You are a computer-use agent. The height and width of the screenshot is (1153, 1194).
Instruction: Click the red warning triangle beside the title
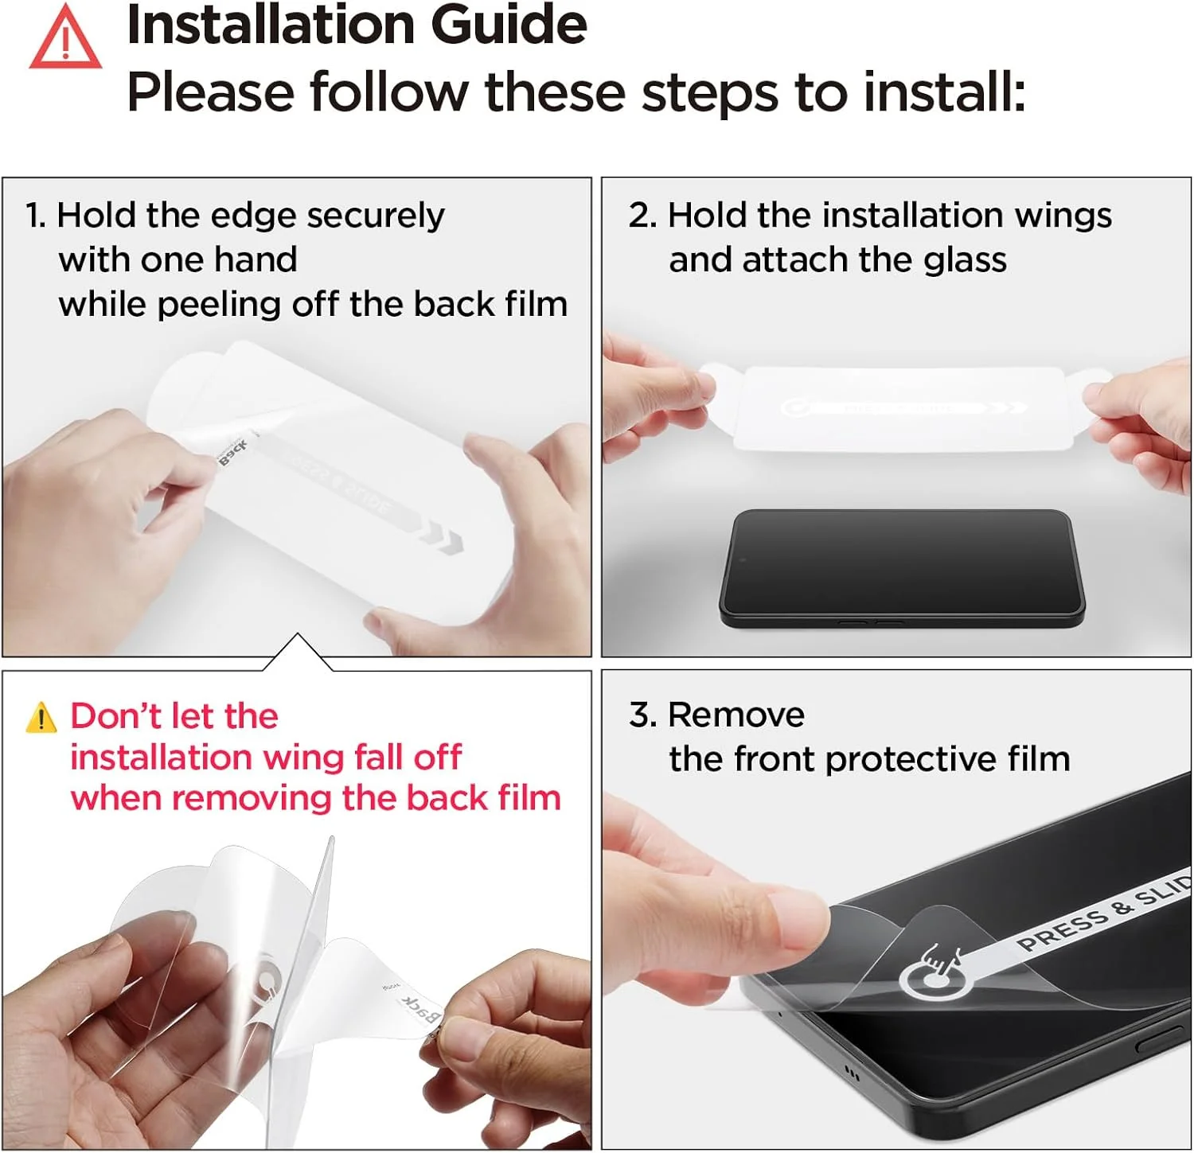click(x=65, y=37)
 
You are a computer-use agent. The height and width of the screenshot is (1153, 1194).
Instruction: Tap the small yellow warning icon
click(x=41, y=717)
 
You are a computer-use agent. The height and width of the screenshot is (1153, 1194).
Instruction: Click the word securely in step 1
click(x=376, y=216)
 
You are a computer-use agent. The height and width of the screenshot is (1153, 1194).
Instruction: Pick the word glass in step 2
click(x=966, y=261)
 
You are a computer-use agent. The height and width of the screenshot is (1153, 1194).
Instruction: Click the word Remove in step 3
click(x=736, y=715)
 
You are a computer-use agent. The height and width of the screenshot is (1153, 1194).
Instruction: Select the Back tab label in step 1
click(x=233, y=452)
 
